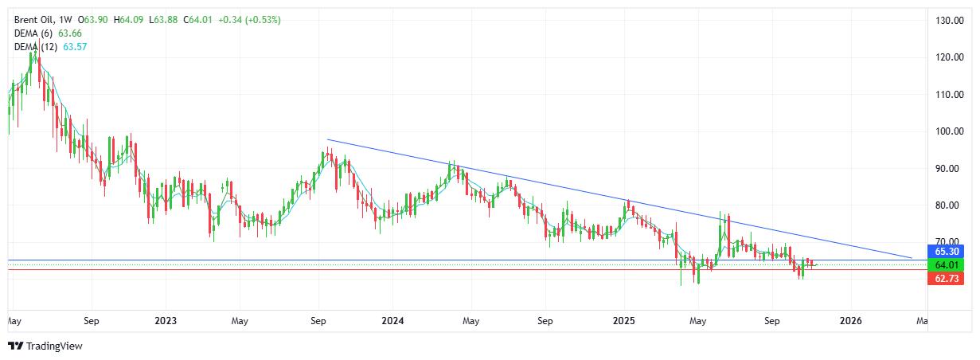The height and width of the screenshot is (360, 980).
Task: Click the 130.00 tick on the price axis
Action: tap(952, 21)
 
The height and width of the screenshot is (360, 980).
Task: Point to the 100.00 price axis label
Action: tap(952, 131)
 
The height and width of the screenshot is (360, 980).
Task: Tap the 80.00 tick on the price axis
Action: tap(952, 205)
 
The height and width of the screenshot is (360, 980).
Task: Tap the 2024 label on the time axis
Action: tap(392, 322)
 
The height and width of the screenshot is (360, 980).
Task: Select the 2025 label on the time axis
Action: tap(623, 322)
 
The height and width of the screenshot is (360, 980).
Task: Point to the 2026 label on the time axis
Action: tap(851, 322)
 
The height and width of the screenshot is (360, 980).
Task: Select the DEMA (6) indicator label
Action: tap(33, 33)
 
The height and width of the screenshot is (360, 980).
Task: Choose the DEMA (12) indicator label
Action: tap(35, 48)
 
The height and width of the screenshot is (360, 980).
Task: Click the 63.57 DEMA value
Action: tap(74, 48)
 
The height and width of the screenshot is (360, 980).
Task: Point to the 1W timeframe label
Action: tap(67, 19)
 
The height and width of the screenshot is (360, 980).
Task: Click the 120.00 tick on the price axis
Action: tap(952, 57)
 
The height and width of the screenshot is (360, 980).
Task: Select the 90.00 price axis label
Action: tap(952, 169)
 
